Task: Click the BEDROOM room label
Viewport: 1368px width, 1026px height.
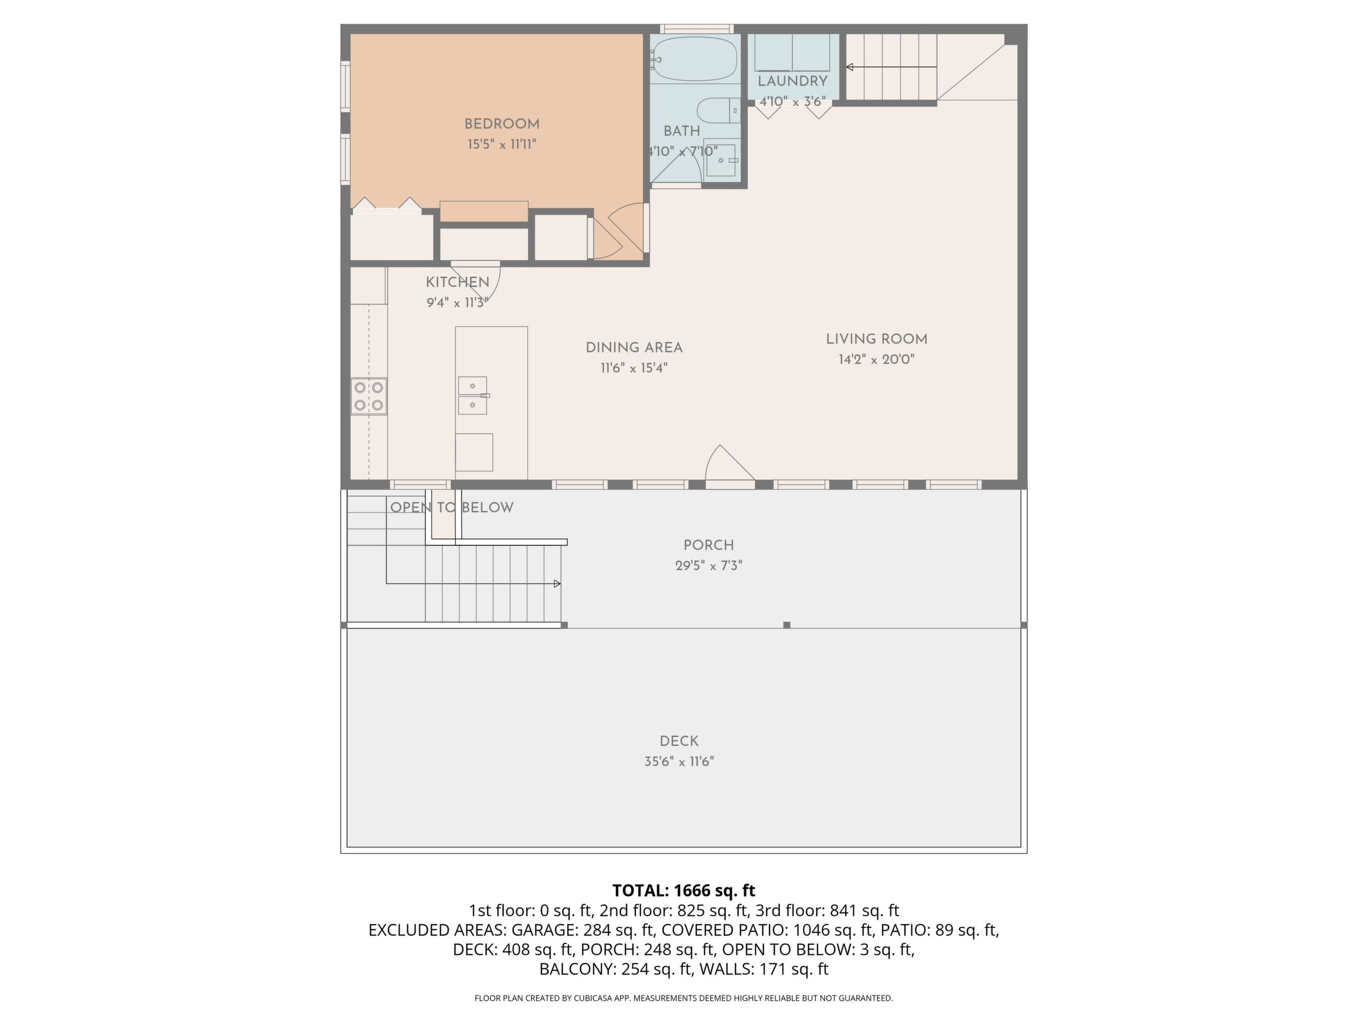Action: (x=501, y=124)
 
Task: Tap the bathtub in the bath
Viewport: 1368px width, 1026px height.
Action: (x=694, y=59)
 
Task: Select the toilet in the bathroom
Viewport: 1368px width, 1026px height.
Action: (x=718, y=111)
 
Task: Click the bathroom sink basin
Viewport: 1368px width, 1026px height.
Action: (x=721, y=160)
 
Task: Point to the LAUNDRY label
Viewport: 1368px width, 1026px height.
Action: (x=792, y=81)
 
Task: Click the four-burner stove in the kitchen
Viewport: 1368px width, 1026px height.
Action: (x=369, y=396)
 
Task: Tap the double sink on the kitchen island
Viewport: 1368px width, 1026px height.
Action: (x=472, y=395)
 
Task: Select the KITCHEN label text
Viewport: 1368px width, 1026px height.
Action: (x=457, y=282)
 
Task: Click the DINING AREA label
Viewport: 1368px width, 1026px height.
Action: (x=634, y=347)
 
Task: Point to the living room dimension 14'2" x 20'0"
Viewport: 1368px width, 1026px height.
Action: (x=876, y=360)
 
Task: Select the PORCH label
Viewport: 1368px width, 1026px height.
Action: (x=709, y=545)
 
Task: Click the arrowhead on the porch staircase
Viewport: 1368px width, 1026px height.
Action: (x=558, y=584)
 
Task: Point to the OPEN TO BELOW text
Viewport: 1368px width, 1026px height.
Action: (x=452, y=508)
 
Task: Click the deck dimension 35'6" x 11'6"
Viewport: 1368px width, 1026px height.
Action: (x=679, y=762)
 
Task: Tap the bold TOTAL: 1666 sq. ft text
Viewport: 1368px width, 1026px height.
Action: (x=684, y=891)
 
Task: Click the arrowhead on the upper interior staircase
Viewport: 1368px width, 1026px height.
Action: (x=851, y=67)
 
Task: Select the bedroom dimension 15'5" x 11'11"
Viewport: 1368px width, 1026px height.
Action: (x=501, y=145)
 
